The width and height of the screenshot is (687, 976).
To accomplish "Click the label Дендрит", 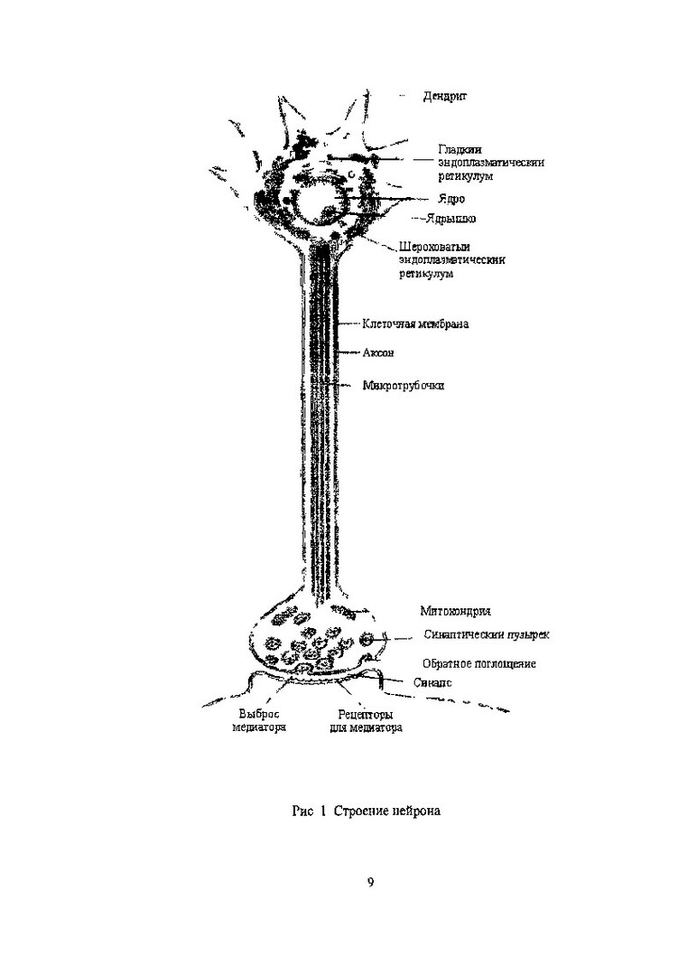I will (445, 95).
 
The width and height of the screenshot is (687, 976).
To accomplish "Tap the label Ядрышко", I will (451, 219).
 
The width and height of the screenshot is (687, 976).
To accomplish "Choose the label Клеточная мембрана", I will (415, 324).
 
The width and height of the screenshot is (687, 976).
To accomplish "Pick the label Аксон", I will (379, 352).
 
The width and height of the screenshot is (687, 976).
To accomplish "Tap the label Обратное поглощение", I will (478, 663).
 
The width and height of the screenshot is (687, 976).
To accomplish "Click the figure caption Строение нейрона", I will (386, 812).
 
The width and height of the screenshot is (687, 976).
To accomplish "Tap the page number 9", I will (370, 883).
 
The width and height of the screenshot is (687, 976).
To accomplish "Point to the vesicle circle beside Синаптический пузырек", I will (367, 640).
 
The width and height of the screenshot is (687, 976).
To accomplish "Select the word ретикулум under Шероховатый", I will (424, 275).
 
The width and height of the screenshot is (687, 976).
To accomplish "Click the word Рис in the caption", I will (303, 812).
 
